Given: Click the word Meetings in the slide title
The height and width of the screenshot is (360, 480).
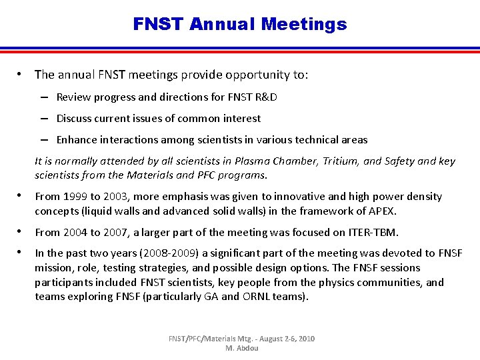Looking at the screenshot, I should click(x=304, y=25).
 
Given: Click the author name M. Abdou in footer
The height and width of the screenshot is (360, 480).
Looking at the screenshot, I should click(x=242, y=349).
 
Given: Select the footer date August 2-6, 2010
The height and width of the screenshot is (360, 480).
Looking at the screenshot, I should click(x=281, y=339).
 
